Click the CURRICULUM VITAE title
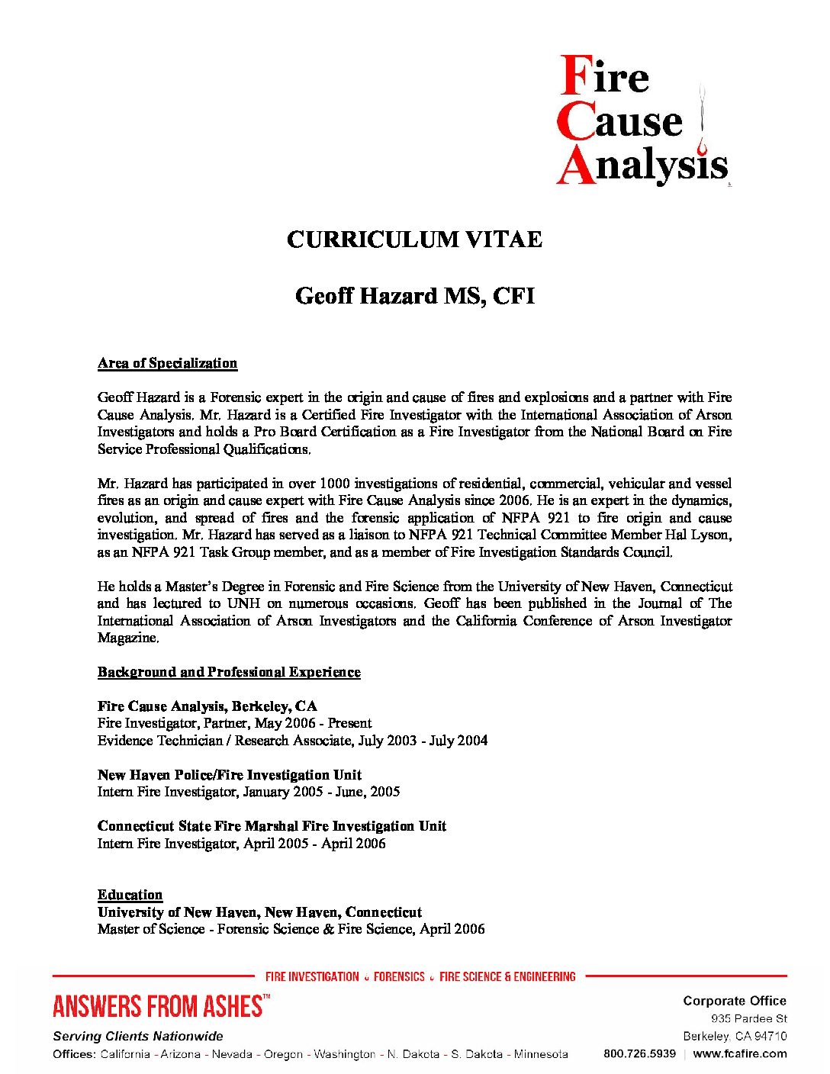click(414, 240)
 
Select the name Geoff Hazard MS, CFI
click(414, 296)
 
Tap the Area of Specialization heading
click(167, 363)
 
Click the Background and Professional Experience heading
click(229, 672)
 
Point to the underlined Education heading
click(130, 895)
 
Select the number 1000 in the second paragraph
click(335, 484)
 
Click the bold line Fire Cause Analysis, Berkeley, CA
click(207, 706)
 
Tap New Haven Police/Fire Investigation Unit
click(230, 775)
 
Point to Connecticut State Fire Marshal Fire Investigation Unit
click(272, 826)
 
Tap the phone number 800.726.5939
click(639, 1053)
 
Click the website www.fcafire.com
click(740, 1053)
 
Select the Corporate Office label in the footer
click(735, 1001)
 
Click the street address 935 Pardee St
click(748, 1019)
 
